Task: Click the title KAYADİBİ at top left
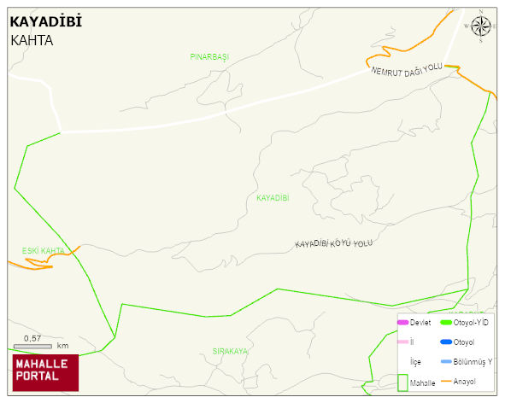click(45, 22)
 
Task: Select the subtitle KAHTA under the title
click(32, 40)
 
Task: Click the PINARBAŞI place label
click(209, 56)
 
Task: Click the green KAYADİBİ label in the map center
click(273, 198)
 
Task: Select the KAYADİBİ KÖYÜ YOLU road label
click(334, 244)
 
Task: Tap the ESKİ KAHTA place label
click(43, 251)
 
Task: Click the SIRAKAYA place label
click(230, 351)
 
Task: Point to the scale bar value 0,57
click(32, 338)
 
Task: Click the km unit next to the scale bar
click(62, 346)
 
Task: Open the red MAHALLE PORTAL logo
click(45, 371)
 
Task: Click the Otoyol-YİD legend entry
click(469, 323)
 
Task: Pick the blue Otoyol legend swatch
click(445, 342)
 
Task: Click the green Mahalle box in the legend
click(403, 382)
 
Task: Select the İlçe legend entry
click(415, 362)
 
